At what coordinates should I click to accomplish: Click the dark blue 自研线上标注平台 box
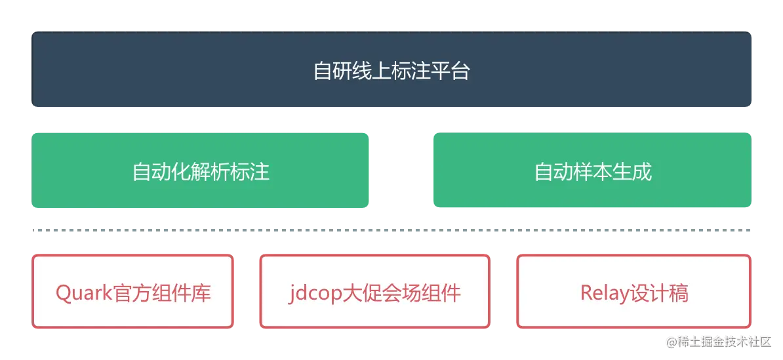click(392, 70)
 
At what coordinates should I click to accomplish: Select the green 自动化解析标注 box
click(201, 171)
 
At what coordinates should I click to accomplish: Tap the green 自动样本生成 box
click(592, 171)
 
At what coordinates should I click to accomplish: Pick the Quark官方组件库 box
click(133, 291)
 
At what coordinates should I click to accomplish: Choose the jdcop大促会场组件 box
click(374, 291)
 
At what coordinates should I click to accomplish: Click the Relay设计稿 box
click(633, 291)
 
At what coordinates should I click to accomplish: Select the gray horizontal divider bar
click(391, 231)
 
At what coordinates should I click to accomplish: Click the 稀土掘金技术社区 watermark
click(724, 341)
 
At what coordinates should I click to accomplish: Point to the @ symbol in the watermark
click(671, 341)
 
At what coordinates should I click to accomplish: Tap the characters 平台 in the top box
click(451, 70)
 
